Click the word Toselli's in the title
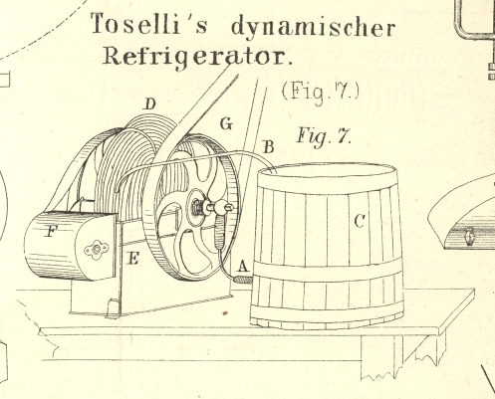click(148, 24)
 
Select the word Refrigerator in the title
click(197, 57)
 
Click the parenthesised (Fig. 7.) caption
click(321, 92)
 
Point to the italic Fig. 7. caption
click(325, 137)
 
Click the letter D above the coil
click(150, 104)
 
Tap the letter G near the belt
click(226, 124)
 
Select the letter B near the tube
click(269, 147)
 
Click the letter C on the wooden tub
click(360, 221)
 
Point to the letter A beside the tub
click(243, 266)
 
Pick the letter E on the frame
click(133, 258)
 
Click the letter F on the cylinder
click(51, 231)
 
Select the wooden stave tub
click(327, 246)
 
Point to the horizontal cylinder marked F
click(71, 246)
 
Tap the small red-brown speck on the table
click(225, 312)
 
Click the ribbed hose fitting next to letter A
click(243, 280)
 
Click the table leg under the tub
click(381, 356)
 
